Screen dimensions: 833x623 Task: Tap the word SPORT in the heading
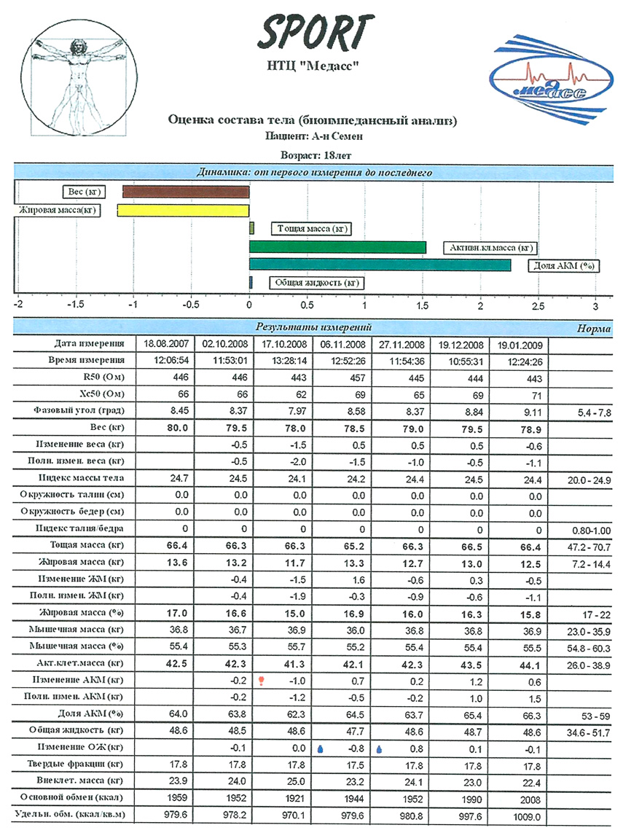click(315, 33)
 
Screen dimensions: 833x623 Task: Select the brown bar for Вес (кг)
click(186, 192)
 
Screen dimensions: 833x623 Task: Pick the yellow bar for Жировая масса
click(183, 211)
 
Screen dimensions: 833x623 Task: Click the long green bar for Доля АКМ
click(380, 265)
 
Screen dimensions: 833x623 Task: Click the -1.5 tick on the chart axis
click(74, 305)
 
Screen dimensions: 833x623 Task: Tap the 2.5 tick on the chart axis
click(538, 305)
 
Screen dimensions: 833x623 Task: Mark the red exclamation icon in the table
click(260, 680)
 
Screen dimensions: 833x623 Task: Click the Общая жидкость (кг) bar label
click(317, 283)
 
